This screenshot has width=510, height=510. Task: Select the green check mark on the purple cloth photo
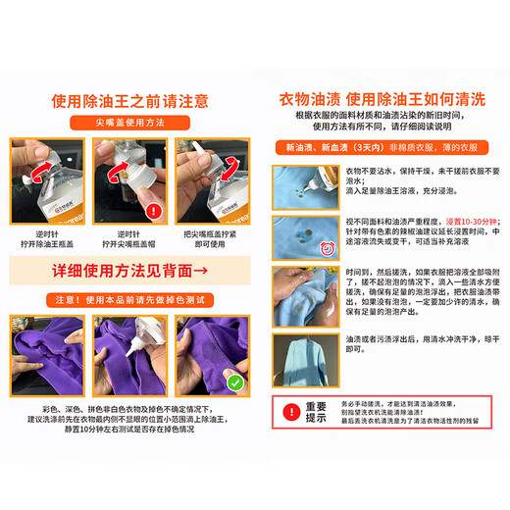click(233, 380)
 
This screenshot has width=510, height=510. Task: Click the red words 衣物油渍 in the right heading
click(309, 98)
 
